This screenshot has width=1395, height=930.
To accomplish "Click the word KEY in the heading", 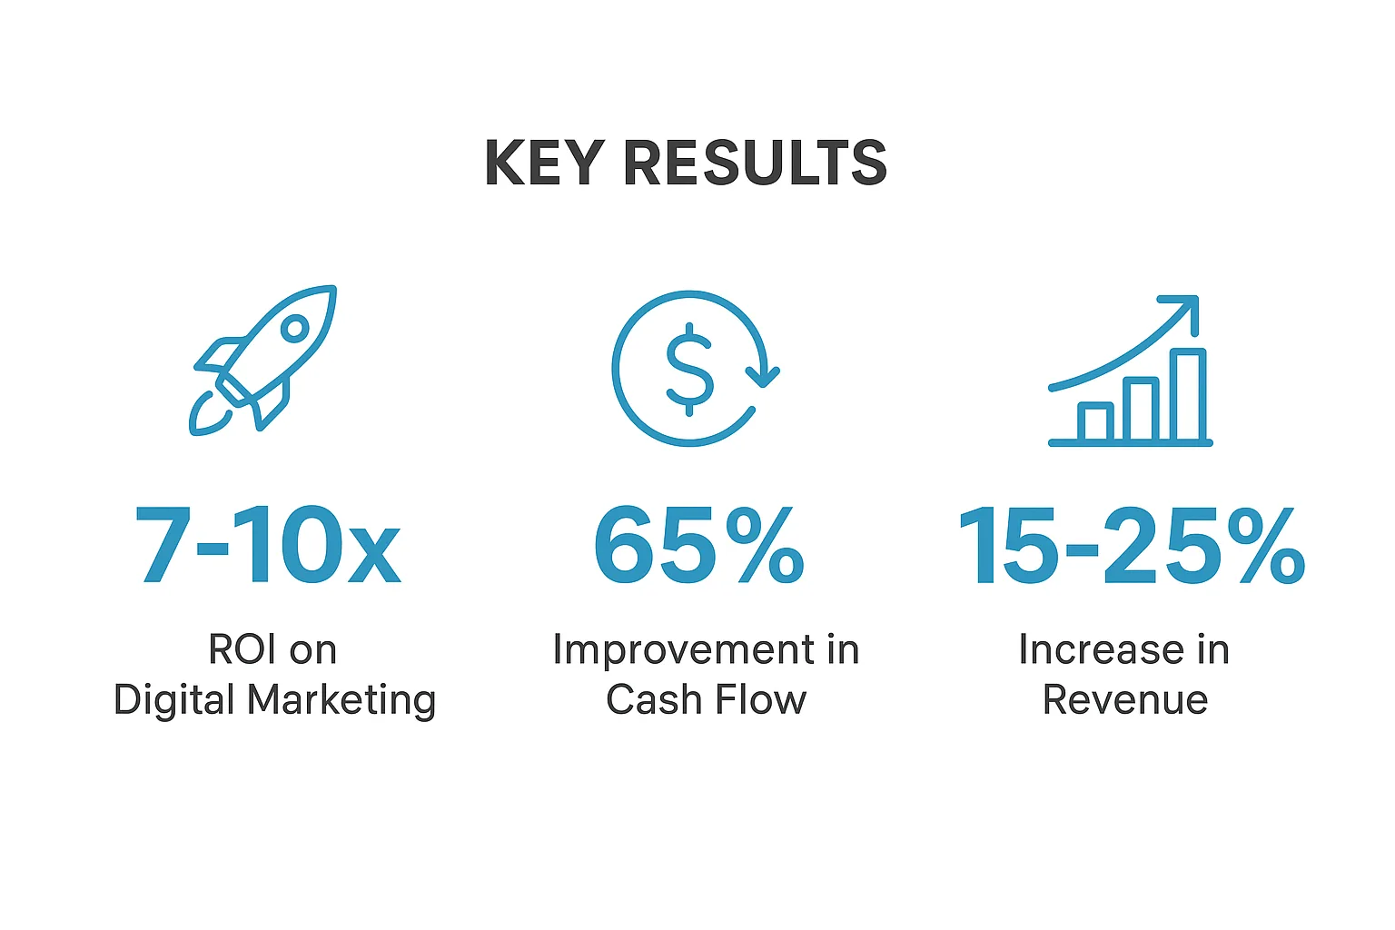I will tap(544, 163).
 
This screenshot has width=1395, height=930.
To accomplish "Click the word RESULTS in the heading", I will tap(754, 163).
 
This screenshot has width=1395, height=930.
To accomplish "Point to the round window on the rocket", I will tap(294, 329).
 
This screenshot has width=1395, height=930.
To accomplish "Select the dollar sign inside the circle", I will tap(689, 369).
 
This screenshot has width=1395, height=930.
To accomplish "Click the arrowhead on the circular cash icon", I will tap(764, 374).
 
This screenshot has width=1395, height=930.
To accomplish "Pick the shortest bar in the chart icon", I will tap(1095, 422).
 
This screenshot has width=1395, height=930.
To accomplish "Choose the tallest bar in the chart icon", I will tap(1188, 395).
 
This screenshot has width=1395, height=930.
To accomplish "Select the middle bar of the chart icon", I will tap(1141, 410).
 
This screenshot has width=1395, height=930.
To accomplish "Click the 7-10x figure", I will tap(269, 545).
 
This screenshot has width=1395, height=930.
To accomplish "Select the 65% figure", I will tap(698, 545).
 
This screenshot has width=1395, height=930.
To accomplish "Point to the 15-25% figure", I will tap(1130, 545).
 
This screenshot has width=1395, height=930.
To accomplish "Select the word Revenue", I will tap(1125, 699).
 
